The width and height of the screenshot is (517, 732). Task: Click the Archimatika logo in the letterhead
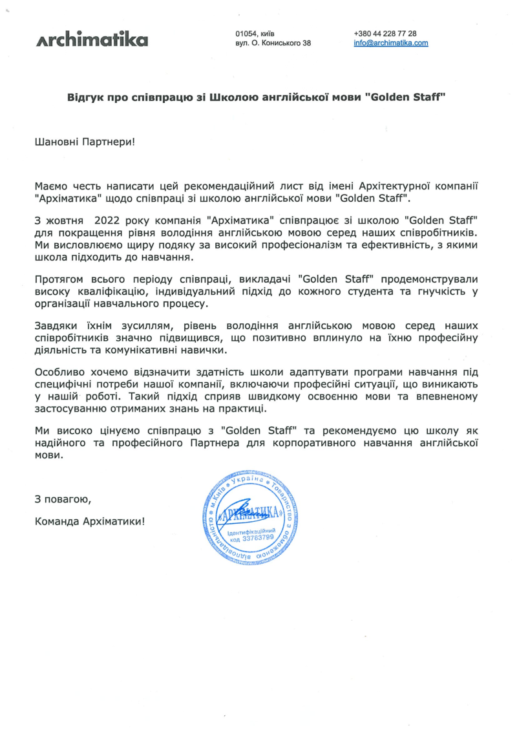click(92, 39)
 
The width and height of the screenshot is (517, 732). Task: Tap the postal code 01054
click(248, 33)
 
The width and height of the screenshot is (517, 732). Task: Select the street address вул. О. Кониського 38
click(273, 43)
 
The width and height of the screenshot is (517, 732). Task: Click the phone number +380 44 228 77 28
click(385, 33)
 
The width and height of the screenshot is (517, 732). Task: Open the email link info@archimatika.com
click(391, 43)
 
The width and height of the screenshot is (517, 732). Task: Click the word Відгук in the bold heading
click(87, 98)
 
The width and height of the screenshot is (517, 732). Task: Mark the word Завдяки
click(56, 327)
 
